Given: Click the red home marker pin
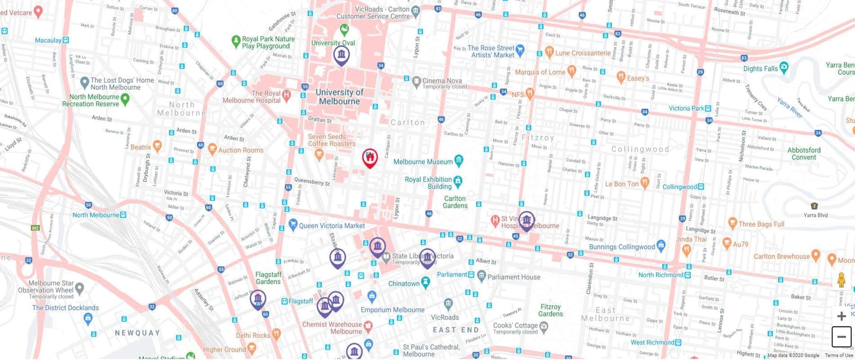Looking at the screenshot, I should (x=370, y=157).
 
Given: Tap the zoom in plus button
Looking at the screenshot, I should (x=841, y=316).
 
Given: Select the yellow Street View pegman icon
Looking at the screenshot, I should (x=841, y=280).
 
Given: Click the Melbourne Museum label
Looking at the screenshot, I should (x=423, y=162).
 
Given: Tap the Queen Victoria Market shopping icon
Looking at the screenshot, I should (x=293, y=225).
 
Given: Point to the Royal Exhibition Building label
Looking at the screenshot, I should (x=428, y=183).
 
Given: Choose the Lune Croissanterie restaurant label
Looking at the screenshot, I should (x=583, y=53).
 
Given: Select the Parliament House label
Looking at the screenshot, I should (x=514, y=277).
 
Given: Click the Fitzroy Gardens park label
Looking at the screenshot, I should (x=550, y=310).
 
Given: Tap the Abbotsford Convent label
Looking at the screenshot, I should (x=804, y=153).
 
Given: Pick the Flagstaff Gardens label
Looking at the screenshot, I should (x=268, y=278).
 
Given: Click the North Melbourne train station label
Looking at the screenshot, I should (x=96, y=215).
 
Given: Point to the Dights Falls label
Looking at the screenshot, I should (x=760, y=68).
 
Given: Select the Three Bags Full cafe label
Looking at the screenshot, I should (x=761, y=224).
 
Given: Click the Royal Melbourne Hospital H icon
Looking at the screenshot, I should (x=286, y=95).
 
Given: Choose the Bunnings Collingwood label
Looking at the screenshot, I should (x=622, y=247).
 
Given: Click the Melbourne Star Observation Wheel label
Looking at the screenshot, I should (x=51, y=287).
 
